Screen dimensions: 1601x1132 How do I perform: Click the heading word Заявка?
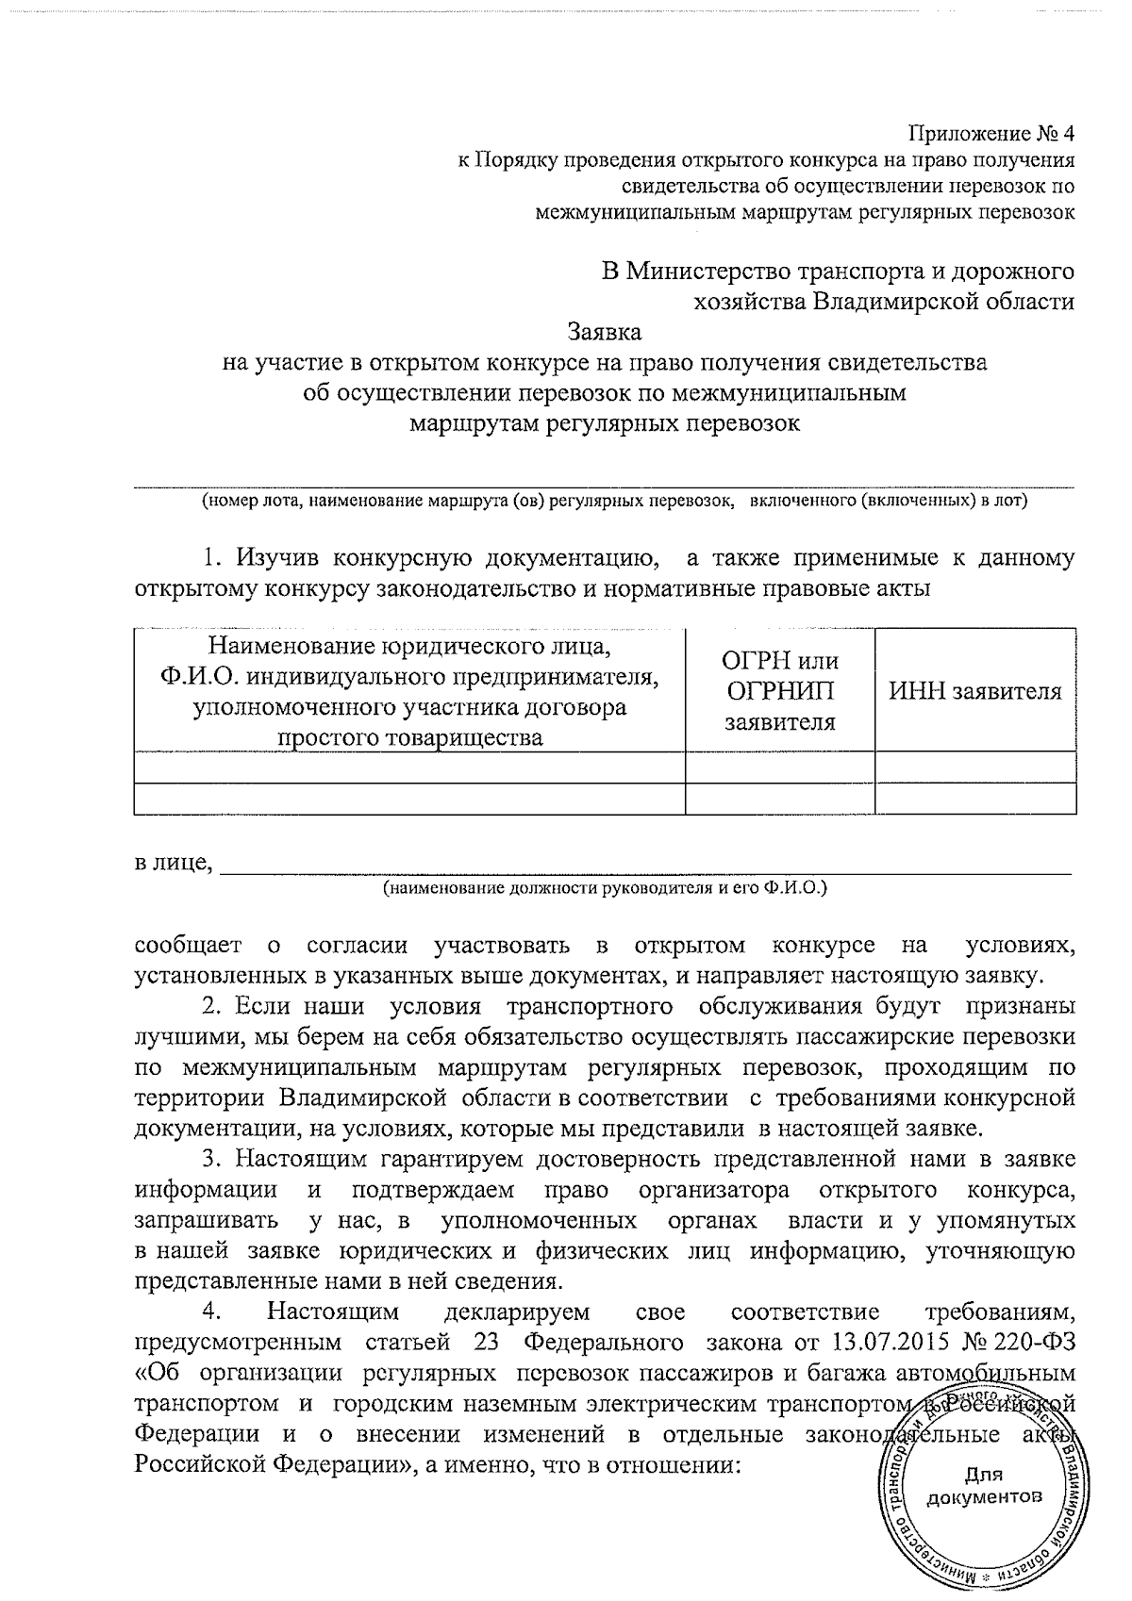[x=605, y=332]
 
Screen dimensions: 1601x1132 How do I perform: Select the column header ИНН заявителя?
[x=975, y=692]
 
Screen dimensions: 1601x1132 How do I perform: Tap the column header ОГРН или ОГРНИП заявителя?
[x=780, y=691]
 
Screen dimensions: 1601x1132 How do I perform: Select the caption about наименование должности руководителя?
[x=605, y=888]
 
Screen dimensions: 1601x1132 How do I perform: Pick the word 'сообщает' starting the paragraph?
[x=188, y=945]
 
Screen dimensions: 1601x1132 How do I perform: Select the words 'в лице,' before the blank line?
[x=172, y=863]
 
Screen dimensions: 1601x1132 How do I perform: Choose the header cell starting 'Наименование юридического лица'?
[x=409, y=691]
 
